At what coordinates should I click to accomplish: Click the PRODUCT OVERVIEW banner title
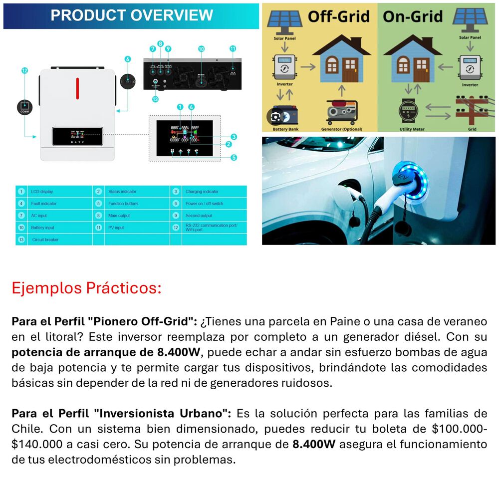[132, 15]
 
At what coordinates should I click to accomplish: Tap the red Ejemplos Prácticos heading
[86, 288]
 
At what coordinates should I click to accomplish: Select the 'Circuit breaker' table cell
[45, 240]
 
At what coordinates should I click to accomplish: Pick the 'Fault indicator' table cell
[44, 204]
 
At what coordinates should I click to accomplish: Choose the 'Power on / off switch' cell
[204, 204]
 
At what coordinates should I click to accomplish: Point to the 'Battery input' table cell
[43, 228]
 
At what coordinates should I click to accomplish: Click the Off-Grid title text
[339, 16]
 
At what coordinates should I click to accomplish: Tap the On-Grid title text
[413, 16]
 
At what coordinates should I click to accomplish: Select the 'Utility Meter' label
[412, 129]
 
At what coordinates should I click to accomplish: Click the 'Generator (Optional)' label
[342, 129]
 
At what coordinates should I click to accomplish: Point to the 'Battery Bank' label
[282, 129]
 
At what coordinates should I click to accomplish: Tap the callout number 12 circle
[24, 71]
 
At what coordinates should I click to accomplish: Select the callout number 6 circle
[127, 59]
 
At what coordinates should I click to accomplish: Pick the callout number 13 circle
[155, 99]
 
